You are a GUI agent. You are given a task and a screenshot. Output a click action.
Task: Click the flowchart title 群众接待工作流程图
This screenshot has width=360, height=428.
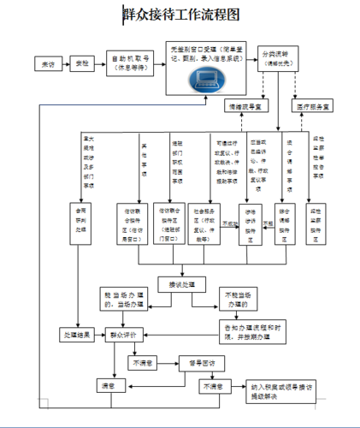click(181, 15)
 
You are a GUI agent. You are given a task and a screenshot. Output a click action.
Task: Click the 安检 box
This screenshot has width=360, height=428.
click(82, 64)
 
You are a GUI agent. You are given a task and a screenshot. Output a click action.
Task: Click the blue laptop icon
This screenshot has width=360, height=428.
click(206, 80)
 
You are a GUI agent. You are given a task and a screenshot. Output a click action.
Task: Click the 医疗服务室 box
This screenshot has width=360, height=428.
click(316, 107)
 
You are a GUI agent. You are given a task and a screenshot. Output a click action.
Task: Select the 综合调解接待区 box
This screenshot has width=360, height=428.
click(290, 235)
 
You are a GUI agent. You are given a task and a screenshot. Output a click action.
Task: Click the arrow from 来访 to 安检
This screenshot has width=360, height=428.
click(64, 64)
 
